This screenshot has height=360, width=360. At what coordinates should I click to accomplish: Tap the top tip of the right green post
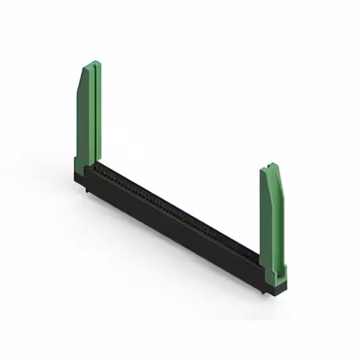coord(273,164)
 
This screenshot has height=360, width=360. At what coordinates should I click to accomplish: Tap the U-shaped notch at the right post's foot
coord(277,272)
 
